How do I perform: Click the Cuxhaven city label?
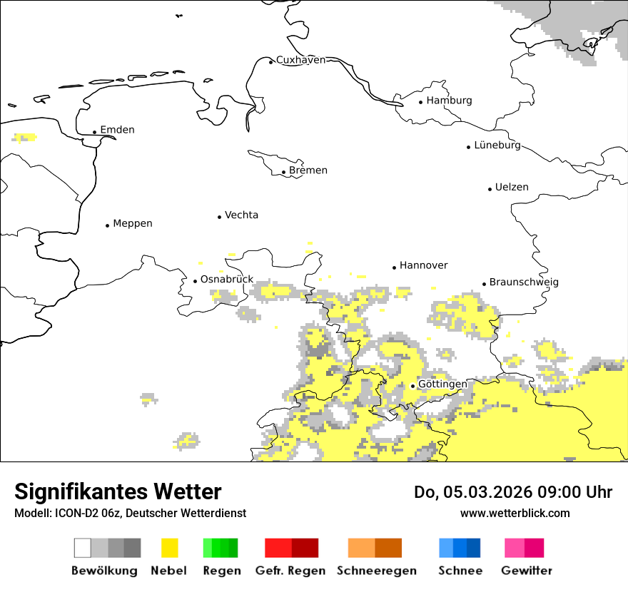[300, 60]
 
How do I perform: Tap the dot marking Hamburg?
[421, 102]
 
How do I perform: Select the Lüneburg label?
[497, 145]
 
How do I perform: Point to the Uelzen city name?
[512, 187]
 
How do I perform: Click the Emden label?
[117, 130]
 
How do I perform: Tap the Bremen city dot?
[283, 172]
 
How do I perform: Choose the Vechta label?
[241, 215]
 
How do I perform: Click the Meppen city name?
[132, 223]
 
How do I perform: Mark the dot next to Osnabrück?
[195, 281]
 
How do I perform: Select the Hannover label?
[423, 265]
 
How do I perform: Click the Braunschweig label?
[524, 282]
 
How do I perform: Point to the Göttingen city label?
[442, 384]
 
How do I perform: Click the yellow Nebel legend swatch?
[170, 548]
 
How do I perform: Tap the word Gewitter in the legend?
[527, 571]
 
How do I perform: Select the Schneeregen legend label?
[377, 571]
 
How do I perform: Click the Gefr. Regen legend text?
[290, 571]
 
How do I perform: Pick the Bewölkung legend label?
[104, 571]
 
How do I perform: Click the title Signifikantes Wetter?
[118, 491]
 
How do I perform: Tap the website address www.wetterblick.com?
[515, 513]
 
